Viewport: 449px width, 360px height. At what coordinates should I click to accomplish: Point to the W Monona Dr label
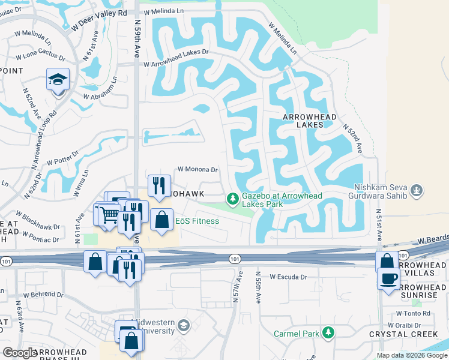coord(197,170)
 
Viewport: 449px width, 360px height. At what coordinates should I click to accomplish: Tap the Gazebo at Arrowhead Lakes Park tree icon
coord(232,197)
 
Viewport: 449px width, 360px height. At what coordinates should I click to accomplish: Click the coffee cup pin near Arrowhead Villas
coord(388,278)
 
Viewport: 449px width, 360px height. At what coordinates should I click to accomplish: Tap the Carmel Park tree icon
coord(328,333)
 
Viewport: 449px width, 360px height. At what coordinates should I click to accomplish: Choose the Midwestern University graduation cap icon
coord(184,326)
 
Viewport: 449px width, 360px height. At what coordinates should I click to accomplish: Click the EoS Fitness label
coord(197,221)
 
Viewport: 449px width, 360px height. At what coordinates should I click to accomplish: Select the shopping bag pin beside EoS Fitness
coord(162,220)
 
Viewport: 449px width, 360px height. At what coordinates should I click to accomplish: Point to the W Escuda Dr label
coord(288,277)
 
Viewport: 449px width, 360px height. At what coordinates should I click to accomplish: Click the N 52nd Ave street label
coord(354,138)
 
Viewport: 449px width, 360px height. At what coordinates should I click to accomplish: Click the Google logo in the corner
coord(20,353)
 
